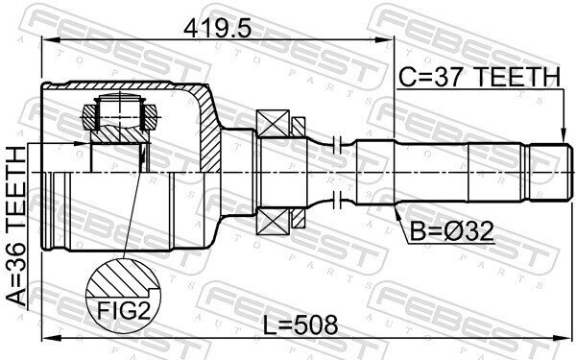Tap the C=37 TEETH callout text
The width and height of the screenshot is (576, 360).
(x=480, y=77)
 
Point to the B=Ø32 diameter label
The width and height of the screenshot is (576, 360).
(x=451, y=231)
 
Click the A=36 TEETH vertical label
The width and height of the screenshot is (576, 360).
(x=16, y=226)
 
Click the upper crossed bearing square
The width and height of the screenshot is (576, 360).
(x=274, y=124)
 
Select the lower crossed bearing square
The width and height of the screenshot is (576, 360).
(x=274, y=221)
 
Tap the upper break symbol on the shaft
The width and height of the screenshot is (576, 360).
(x=337, y=145)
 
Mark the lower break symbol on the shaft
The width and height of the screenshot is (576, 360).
(x=337, y=201)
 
